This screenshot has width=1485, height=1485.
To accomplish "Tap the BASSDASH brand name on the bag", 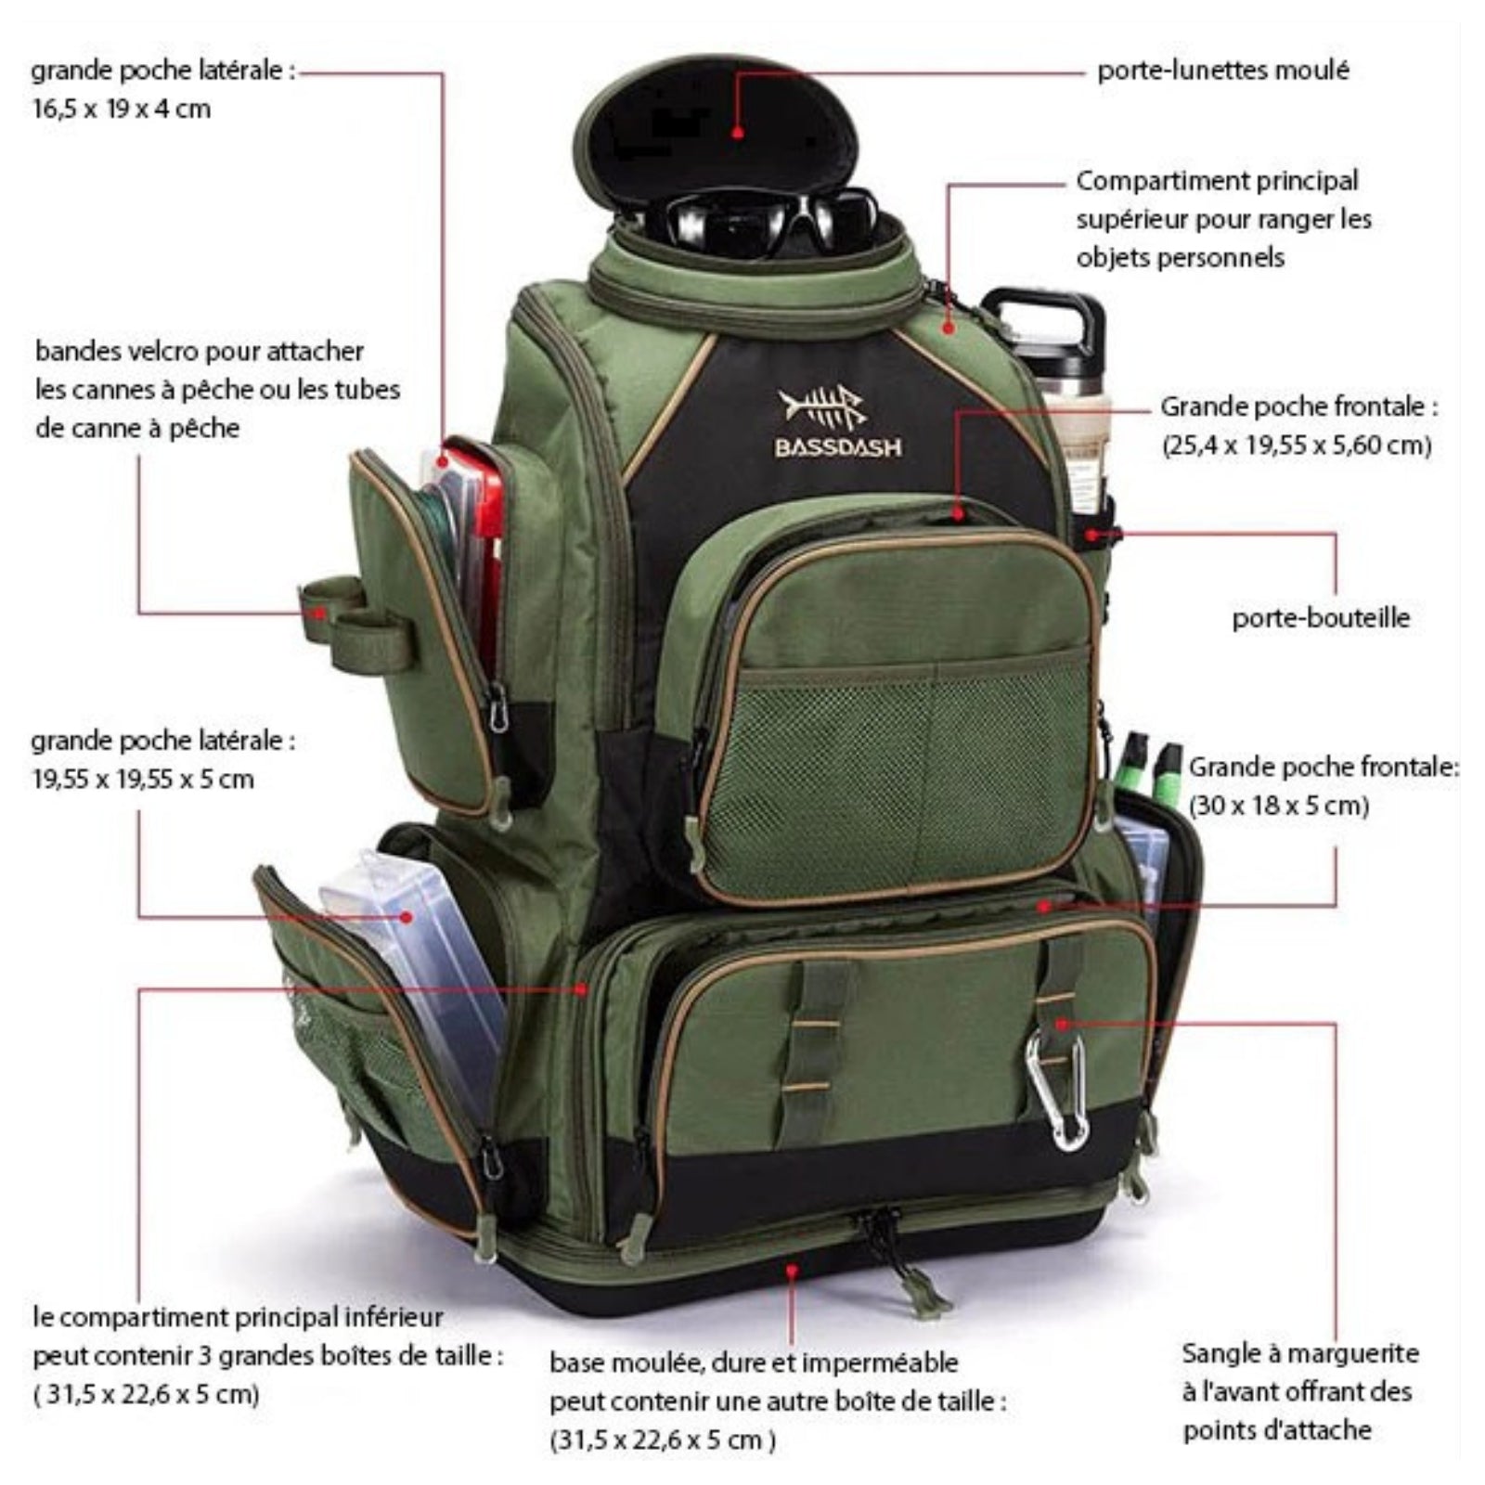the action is click(x=838, y=447).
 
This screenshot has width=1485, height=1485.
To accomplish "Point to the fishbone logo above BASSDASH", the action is click(x=822, y=406).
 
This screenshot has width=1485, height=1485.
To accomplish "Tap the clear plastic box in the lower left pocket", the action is click(x=413, y=984).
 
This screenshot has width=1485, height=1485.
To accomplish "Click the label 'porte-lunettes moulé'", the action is click(x=1223, y=71).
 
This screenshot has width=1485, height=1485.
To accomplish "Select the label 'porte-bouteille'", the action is click(x=1321, y=618).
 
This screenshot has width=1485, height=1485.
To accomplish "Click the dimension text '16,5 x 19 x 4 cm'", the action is click(x=122, y=109).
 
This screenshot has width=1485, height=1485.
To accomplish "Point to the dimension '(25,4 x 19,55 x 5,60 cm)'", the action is click(x=1297, y=445).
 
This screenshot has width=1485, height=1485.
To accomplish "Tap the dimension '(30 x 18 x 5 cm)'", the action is click(x=1279, y=806).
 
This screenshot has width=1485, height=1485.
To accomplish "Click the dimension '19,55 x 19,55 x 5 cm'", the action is click(x=143, y=779).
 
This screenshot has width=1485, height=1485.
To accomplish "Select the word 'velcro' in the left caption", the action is click(x=155, y=352).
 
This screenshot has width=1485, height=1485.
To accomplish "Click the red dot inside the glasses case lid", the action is click(x=738, y=131).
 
